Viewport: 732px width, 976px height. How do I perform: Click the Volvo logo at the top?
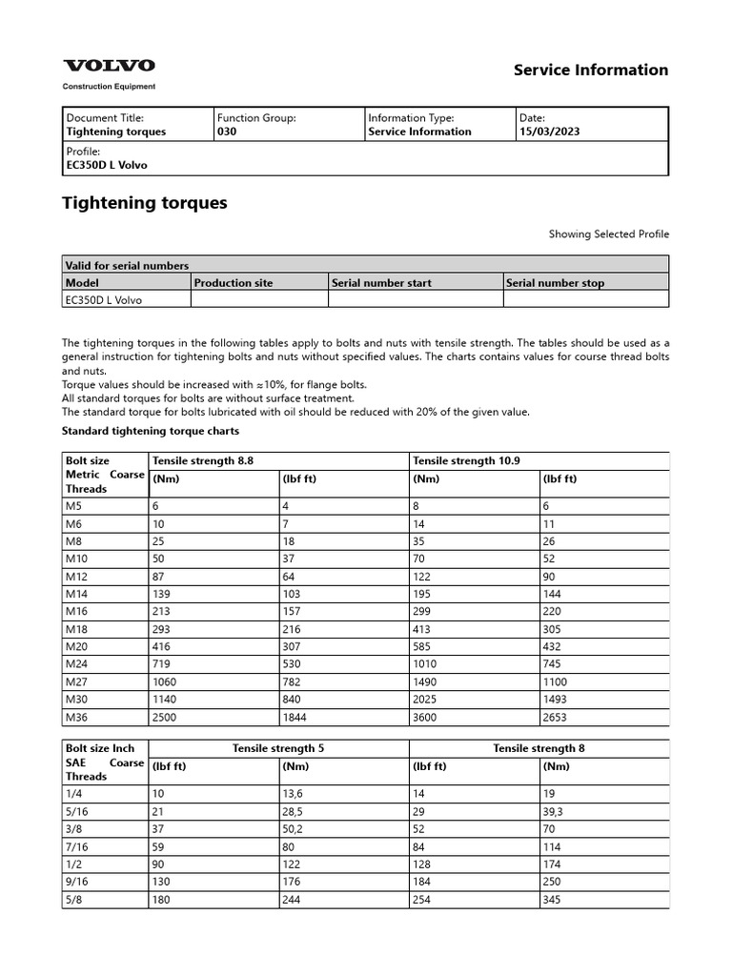click(x=109, y=66)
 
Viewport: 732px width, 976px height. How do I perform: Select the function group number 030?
click(x=227, y=132)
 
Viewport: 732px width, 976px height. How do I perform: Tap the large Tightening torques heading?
click(x=144, y=203)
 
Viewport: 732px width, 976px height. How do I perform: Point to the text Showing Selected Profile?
click(x=608, y=234)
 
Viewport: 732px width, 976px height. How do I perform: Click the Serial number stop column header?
click(x=555, y=283)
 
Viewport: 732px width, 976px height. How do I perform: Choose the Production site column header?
click(x=234, y=283)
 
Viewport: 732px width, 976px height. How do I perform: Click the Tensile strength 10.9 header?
click(x=466, y=460)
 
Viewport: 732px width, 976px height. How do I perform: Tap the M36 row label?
click(x=75, y=716)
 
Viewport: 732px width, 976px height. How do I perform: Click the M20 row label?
click(x=75, y=647)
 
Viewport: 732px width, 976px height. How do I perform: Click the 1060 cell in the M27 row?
click(x=166, y=681)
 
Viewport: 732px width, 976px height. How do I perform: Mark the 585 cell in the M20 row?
click(x=422, y=647)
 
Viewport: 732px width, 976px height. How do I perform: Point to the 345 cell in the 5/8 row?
click(x=553, y=900)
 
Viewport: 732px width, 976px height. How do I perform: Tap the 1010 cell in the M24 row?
click(x=425, y=664)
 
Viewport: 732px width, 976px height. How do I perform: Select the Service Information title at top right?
click(x=591, y=70)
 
